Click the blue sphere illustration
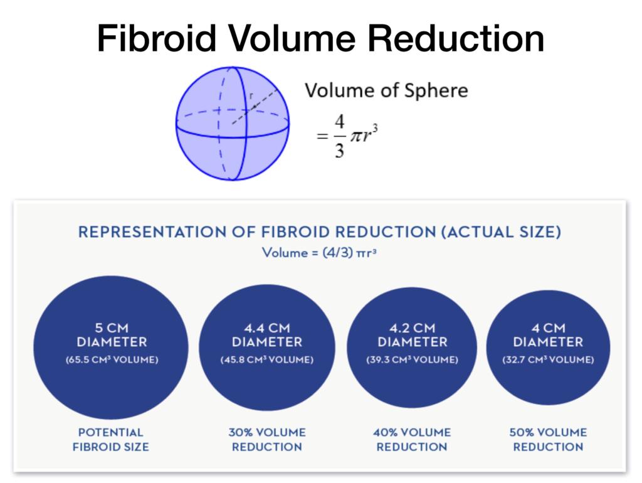(x=231, y=124)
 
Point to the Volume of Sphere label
(x=386, y=91)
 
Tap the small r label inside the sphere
(x=251, y=97)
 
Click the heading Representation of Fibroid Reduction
(x=319, y=231)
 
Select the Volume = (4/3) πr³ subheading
(x=319, y=253)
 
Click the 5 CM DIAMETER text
(x=111, y=335)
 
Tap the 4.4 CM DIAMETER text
(x=266, y=335)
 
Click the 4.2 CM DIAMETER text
(x=412, y=335)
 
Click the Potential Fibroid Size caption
(x=110, y=440)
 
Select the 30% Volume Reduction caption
(x=266, y=440)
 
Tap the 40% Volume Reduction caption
(x=412, y=440)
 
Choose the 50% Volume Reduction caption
(x=548, y=440)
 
